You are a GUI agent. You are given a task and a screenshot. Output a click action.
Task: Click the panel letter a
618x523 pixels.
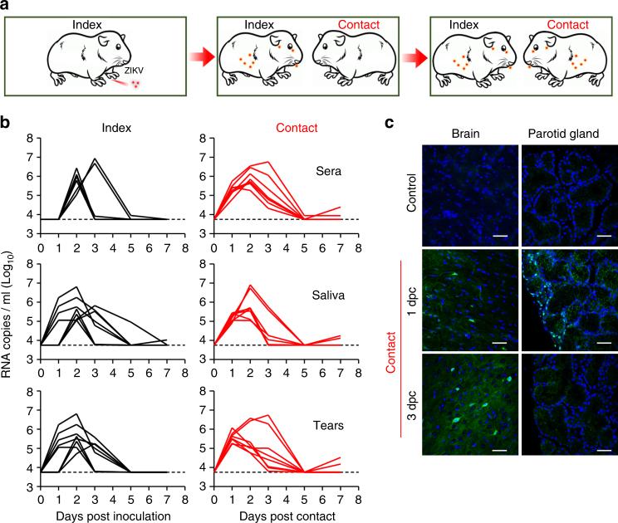[x=7, y=7]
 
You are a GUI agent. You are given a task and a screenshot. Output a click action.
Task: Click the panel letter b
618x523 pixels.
[x=7, y=124]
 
